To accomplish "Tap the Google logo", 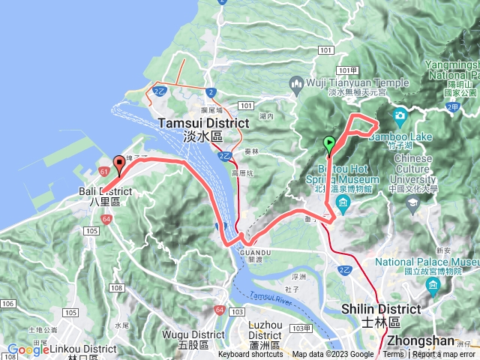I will click(x=28, y=349).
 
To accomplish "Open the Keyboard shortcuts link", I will click(x=250, y=355).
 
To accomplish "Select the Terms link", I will click(x=393, y=355).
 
